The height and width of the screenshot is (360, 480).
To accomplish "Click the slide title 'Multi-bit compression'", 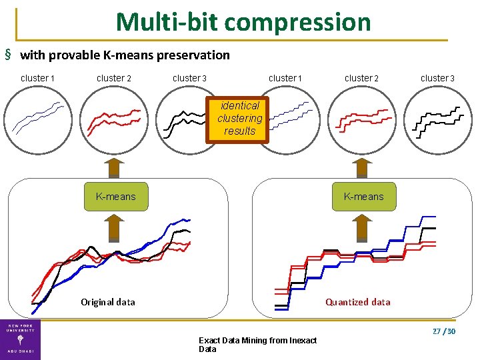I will [x=243, y=22].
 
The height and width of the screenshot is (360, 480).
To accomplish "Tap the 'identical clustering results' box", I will [x=239, y=119].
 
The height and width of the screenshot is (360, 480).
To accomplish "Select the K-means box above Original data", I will [x=116, y=197].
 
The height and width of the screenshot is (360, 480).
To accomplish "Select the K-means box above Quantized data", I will [x=363, y=197].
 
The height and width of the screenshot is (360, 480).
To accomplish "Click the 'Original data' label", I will [x=108, y=302].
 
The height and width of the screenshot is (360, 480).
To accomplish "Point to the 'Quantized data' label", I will [x=357, y=302].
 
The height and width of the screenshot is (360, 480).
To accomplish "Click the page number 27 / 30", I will [x=443, y=331].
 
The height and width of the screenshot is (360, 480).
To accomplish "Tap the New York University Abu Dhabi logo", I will [x=20, y=339].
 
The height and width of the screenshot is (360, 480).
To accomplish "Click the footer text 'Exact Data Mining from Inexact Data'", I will [x=257, y=345].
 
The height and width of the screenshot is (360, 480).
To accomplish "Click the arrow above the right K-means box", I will [x=363, y=169].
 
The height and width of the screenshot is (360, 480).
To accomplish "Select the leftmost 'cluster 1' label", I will [x=37, y=78].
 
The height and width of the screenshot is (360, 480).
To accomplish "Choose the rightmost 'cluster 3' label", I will [x=437, y=78].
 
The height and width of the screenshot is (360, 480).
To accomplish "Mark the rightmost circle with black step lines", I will [x=437, y=121].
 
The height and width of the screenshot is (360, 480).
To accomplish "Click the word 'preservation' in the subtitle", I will [x=197, y=55].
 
